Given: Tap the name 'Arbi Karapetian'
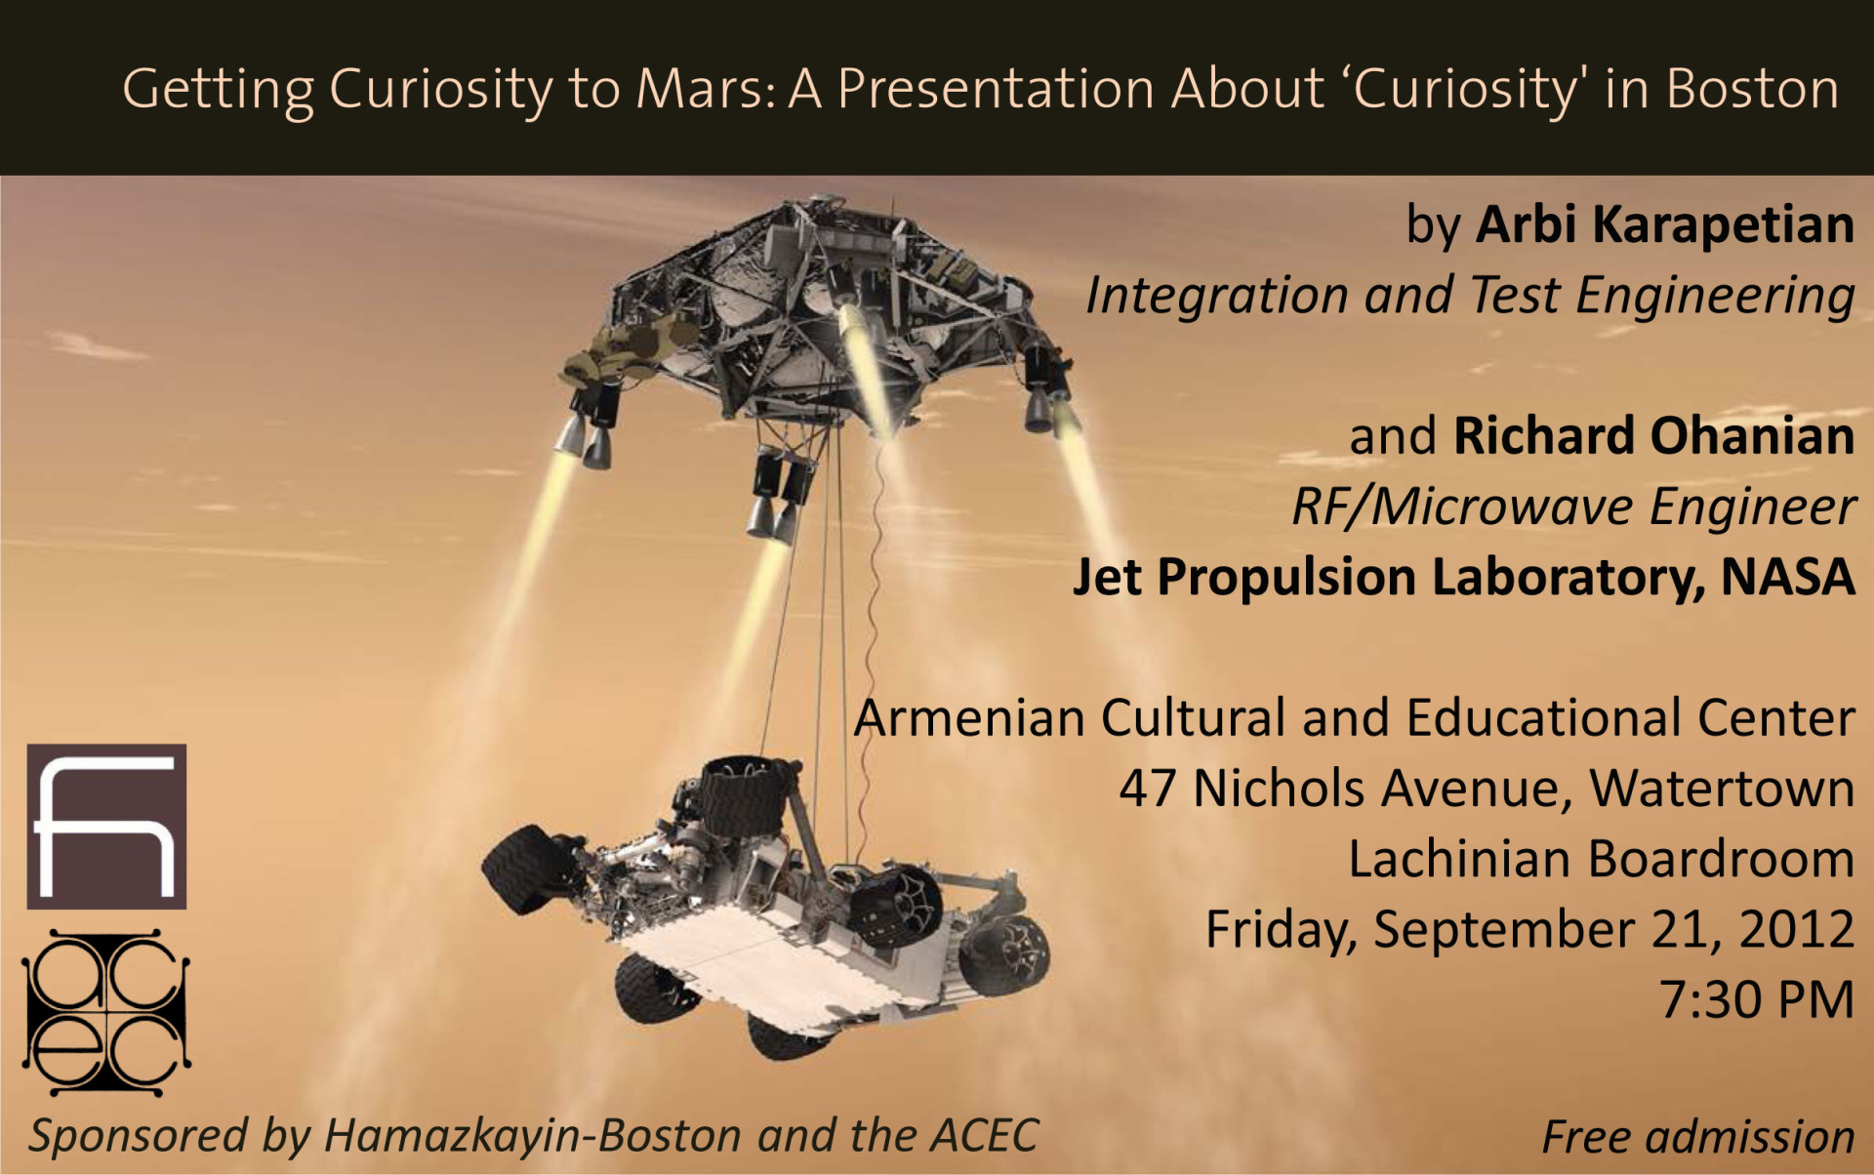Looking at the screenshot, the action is point(1664,225).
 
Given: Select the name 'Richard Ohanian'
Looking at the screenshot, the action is point(1654,435).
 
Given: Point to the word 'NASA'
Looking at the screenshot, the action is point(1787,576).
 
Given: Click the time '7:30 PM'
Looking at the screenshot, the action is point(1757,999).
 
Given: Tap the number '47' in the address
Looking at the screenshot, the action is point(1147,789).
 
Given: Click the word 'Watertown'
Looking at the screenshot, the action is point(1722,789).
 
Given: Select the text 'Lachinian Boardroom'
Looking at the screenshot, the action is point(1601,859).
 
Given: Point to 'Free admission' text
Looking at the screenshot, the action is point(1698,1137).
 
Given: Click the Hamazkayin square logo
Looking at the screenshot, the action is point(106,827).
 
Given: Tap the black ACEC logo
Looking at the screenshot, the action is point(105,1012).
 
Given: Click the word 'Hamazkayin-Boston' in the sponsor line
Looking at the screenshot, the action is point(533,1135).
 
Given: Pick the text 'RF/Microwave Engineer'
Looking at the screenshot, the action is point(1573,506).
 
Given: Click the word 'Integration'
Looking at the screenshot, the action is point(1217,296).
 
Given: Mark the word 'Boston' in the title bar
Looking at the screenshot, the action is point(1752,89).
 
